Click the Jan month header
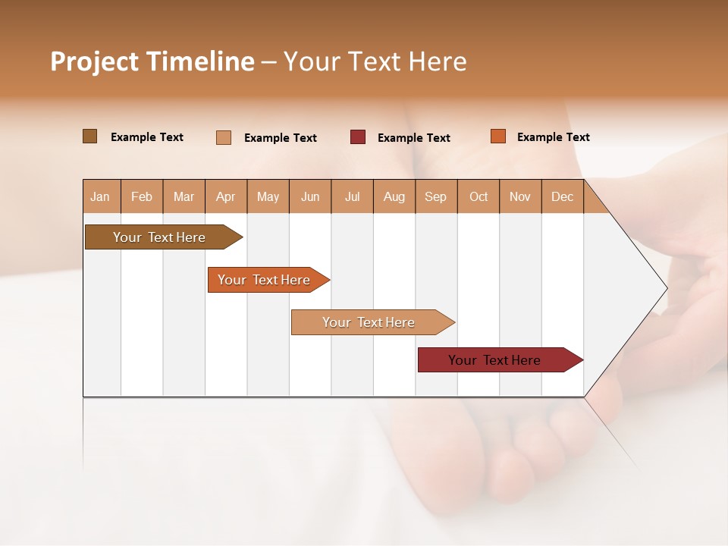(x=101, y=196)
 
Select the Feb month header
(x=142, y=196)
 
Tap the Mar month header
(x=184, y=196)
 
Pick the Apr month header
(x=226, y=196)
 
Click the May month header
(x=268, y=196)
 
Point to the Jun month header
(x=310, y=196)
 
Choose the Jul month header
(x=352, y=196)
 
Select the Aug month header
(x=394, y=196)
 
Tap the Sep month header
(x=436, y=196)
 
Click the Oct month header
(x=479, y=196)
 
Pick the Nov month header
(x=520, y=196)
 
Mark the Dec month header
(x=562, y=196)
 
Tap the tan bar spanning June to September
(x=369, y=322)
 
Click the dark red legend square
(x=358, y=137)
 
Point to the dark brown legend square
(x=89, y=136)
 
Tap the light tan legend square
(x=224, y=137)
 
